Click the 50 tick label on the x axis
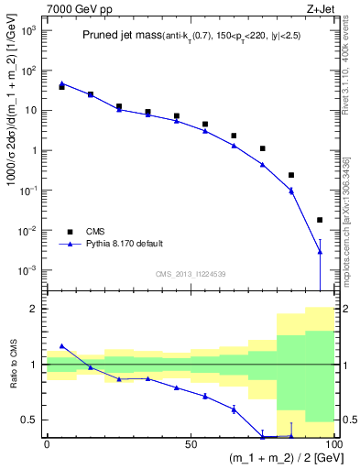[x=190, y=444]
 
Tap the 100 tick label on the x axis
[x=332, y=444]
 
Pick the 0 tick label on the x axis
[x=47, y=444]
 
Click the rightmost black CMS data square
[x=320, y=220]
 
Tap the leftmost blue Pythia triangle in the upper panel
[x=61, y=83]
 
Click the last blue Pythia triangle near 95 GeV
[x=320, y=251]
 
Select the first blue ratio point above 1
[x=61, y=346]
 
